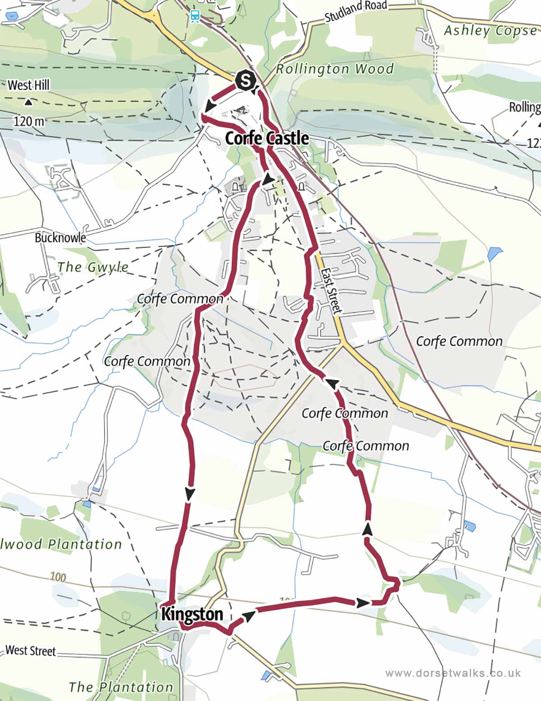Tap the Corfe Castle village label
267,138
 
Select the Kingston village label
192,614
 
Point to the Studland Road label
356,11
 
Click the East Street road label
331,291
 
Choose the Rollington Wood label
335,69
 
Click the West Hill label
28,85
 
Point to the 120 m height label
29,121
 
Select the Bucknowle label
60,238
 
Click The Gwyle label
93,267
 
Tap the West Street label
31,651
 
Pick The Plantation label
121,687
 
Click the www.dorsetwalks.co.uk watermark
453,673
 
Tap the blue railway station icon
195,16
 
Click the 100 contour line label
58,577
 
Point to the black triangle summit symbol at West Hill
28,102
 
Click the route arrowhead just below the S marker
208,107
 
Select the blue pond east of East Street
495,254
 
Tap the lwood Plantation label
61,544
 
